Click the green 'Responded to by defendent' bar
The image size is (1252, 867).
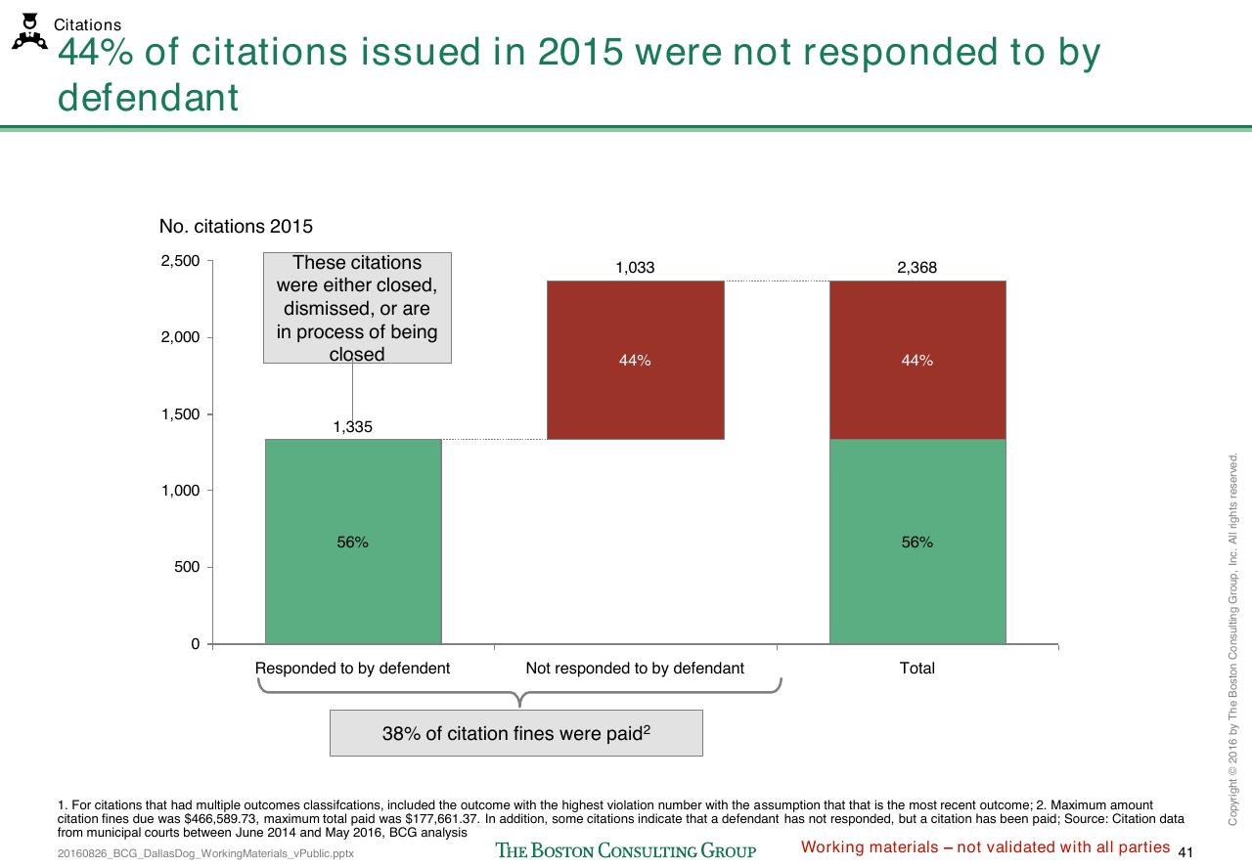[353, 542]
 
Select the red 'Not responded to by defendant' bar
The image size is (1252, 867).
[636, 360]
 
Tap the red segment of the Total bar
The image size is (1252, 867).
[917, 360]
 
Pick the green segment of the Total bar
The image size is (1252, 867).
[917, 542]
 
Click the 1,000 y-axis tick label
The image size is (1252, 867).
[180, 491]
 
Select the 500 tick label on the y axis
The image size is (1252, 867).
[187, 567]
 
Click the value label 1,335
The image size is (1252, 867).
[353, 427]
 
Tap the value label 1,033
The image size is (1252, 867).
[635, 268]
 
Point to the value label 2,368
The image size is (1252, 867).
[917, 268]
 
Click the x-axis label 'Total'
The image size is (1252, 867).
[917, 669]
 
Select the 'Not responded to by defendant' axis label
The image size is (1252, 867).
[635, 669]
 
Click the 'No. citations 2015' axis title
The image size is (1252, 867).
[236, 226]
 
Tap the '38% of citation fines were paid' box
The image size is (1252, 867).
[516, 733]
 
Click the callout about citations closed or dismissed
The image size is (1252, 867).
[358, 308]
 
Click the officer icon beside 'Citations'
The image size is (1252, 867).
[29, 32]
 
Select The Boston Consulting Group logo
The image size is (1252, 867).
[626, 850]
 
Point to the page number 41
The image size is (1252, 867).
[1185, 852]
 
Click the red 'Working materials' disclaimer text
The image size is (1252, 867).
[985, 847]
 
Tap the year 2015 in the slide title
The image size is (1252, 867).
[580, 52]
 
